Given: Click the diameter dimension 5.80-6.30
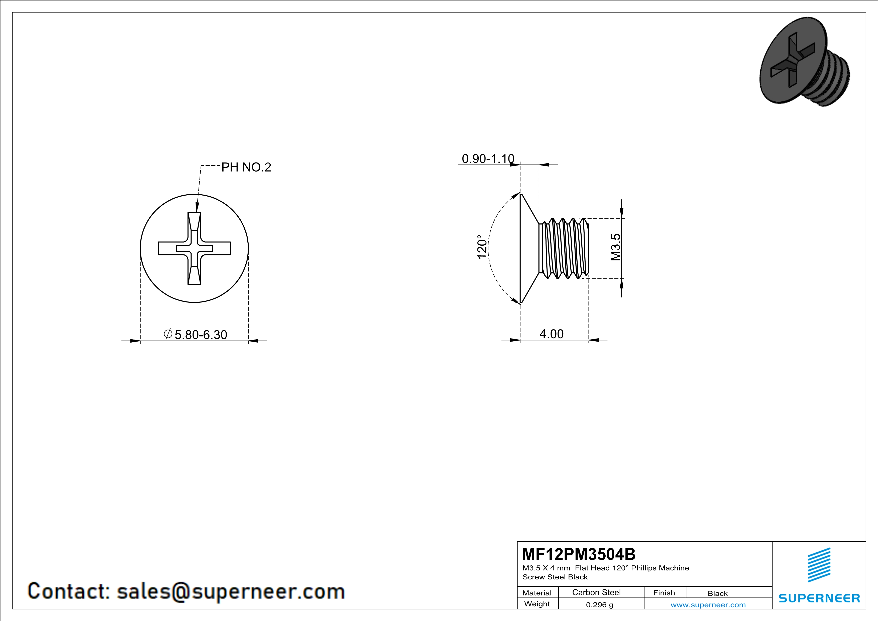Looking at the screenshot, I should [x=200, y=335].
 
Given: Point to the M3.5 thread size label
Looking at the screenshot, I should [x=615, y=247].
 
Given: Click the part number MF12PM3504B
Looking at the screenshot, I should [x=579, y=554].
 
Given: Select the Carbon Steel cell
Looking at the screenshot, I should [x=596, y=592].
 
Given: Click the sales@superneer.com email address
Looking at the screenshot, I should [x=231, y=591].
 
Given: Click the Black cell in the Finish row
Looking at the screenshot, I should [x=717, y=593].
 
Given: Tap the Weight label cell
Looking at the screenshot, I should [x=537, y=604].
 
